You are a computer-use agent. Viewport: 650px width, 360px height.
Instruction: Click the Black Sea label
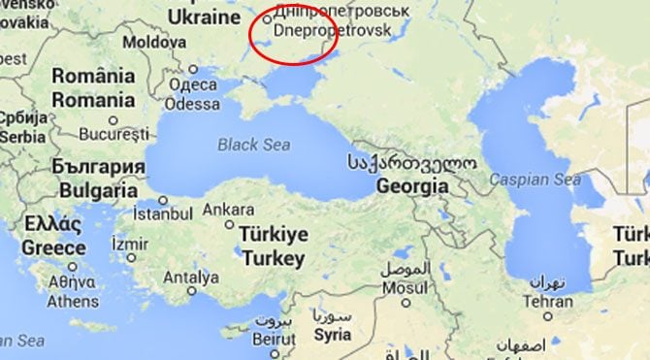click(252, 145)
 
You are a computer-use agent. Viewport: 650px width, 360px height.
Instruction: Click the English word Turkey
click(274, 258)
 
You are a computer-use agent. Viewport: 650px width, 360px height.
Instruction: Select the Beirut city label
click(274, 339)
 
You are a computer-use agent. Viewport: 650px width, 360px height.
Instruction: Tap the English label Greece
click(54, 247)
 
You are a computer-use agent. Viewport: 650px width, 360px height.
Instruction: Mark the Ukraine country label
click(204, 17)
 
